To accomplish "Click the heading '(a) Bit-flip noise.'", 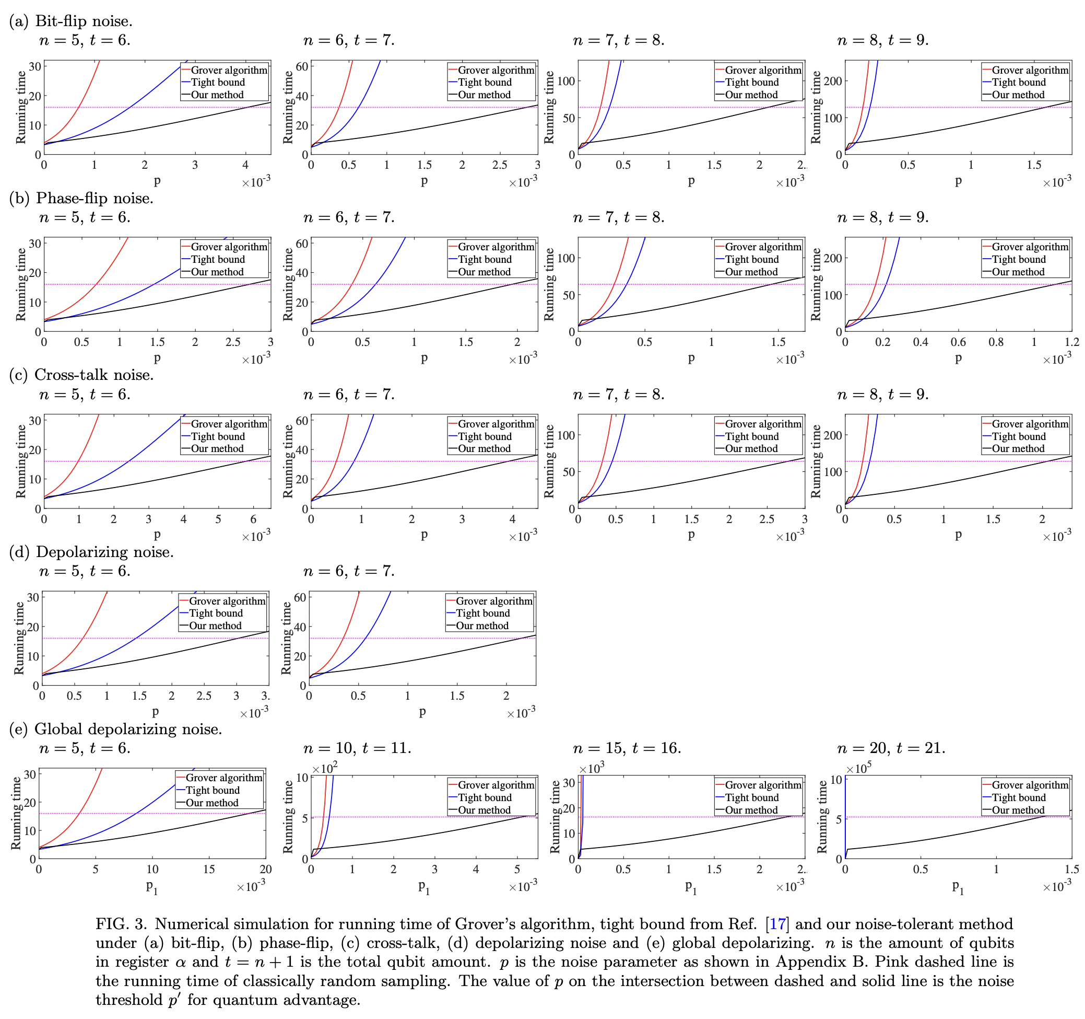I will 71,21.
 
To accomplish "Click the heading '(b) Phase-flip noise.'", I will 81,198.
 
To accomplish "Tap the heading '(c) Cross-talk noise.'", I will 81,375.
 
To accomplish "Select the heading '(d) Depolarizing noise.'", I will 92,552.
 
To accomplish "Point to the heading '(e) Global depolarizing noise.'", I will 116,729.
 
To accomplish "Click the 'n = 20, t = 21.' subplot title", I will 891,748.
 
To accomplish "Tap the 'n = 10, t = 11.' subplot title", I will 357,748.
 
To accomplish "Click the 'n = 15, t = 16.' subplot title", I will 627,748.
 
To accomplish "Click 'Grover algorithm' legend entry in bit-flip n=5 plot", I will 229,70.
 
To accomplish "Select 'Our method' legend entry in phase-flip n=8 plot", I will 1018,272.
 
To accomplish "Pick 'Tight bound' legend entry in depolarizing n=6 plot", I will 482,613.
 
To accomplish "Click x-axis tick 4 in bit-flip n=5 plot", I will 245,165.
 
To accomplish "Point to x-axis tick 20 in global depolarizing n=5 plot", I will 265,870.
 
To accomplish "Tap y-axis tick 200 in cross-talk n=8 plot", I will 832,435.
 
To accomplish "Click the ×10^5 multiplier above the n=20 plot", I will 858,768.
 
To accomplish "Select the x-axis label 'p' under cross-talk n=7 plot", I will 691,535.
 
